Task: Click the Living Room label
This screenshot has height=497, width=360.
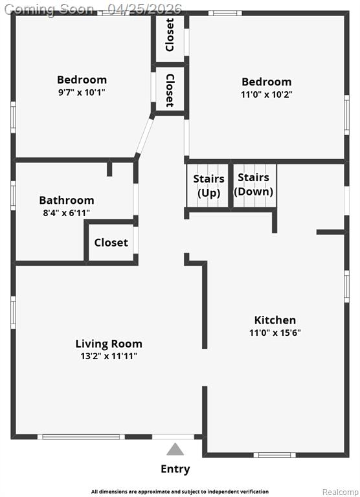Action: (x=109, y=344)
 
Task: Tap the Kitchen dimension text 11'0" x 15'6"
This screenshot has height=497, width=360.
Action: (x=275, y=333)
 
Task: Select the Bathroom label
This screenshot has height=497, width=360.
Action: (x=67, y=201)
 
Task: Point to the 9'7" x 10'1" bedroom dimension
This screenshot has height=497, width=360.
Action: (x=82, y=93)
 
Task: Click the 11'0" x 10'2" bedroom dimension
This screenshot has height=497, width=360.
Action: (x=266, y=94)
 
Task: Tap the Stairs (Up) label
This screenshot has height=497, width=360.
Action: (x=208, y=186)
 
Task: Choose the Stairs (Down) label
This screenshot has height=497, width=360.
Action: (x=253, y=184)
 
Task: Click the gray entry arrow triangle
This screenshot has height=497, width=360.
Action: (x=175, y=450)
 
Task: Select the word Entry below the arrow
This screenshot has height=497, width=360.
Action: (x=175, y=469)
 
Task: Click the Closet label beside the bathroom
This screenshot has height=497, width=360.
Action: (x=111, y=243)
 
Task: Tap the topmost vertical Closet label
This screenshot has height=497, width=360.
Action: (x=170, y=35)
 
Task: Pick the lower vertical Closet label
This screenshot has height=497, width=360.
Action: (x=170, y=91)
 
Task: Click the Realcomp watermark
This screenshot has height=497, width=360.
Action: (x=341, y=492)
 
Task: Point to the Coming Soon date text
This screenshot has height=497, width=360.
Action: (x=93, y=9)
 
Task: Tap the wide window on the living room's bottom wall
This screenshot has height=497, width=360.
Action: (x=81, y=437)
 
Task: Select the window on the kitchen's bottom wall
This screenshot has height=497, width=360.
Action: (x=275, y=455)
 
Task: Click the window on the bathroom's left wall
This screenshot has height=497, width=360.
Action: (x=13, y=195)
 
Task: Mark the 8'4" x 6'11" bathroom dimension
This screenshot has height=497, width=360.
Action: (x=67, y=213)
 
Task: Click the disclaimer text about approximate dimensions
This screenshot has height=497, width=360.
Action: (x=180, y=492)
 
